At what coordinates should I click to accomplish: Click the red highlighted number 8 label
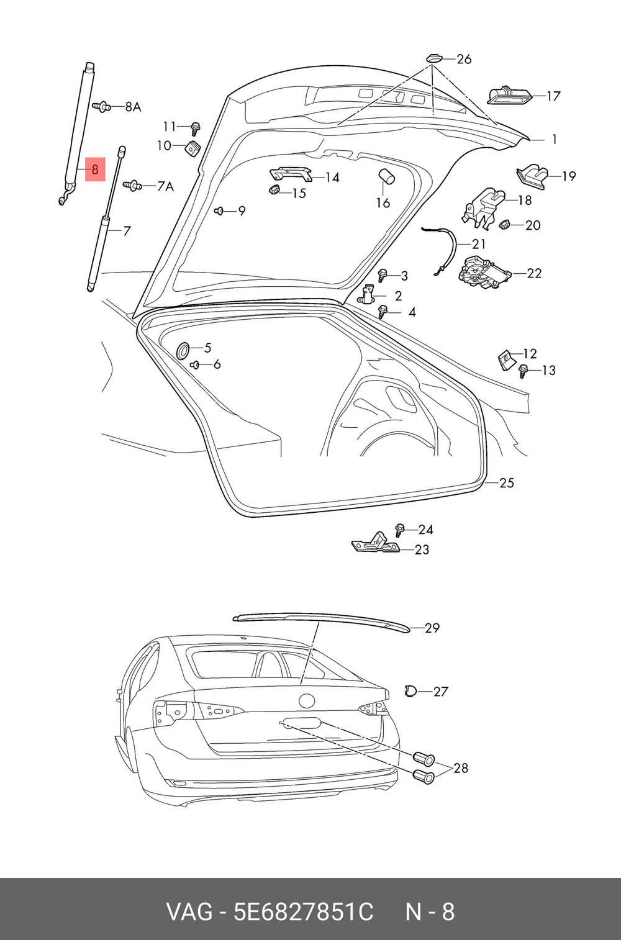(95, 169)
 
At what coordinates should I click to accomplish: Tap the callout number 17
(553, 96)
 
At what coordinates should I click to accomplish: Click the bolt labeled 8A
(102, 106)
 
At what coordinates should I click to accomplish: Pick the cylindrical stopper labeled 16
(386, 177)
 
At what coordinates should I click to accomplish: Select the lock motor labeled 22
(482, 273)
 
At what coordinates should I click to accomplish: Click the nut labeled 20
(505, 224)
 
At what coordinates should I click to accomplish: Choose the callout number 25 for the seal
(507, 483)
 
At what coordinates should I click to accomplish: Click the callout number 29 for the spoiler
(432, 628)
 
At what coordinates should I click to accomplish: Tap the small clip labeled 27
(410, 690)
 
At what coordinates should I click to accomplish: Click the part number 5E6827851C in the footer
(303, 913)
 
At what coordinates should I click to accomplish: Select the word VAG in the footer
(188, 913)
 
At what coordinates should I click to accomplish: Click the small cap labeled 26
(433, 58)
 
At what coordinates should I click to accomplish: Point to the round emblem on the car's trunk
(307, 701)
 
